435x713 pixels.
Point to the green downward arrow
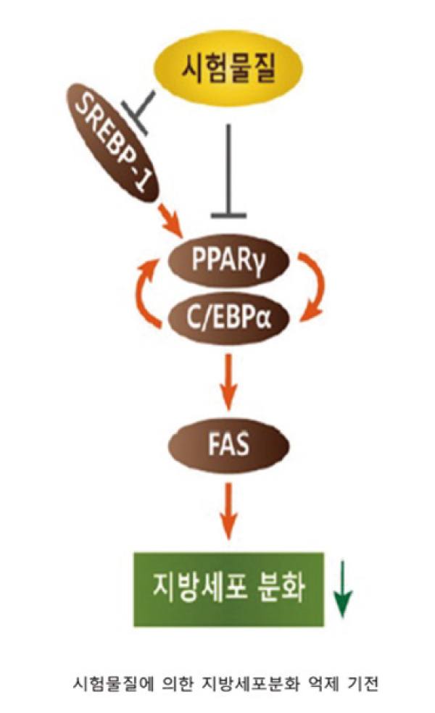click(x=342, y=591)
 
